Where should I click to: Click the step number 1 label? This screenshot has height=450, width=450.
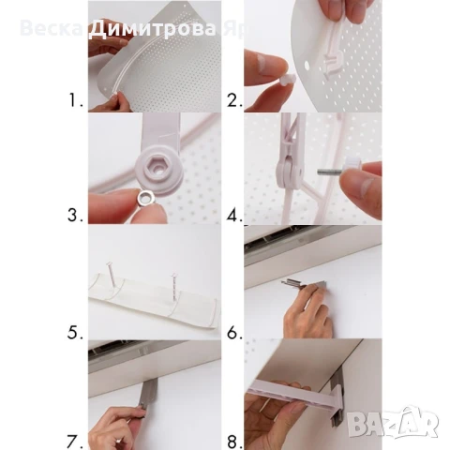click(72, 97)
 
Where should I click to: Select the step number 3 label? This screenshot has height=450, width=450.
click(72, 215)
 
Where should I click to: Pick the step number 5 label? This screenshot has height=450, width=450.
click(72, 330)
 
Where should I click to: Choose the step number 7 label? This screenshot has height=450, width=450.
click(72, 437)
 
